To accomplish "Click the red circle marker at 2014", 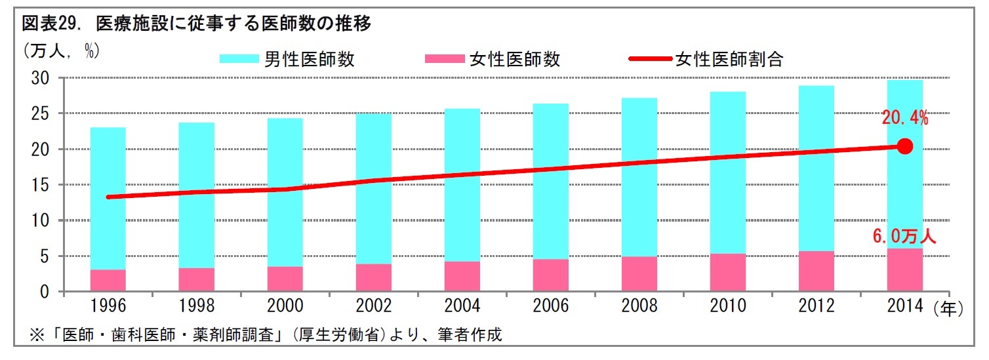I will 904,146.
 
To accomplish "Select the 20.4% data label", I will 904,118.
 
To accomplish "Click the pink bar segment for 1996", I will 108,280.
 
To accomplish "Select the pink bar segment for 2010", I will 727,272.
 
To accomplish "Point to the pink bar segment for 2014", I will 904,270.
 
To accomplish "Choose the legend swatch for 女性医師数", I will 444,59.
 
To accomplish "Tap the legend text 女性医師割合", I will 729,59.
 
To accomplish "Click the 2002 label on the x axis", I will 373,307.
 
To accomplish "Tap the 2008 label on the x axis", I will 639,307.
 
